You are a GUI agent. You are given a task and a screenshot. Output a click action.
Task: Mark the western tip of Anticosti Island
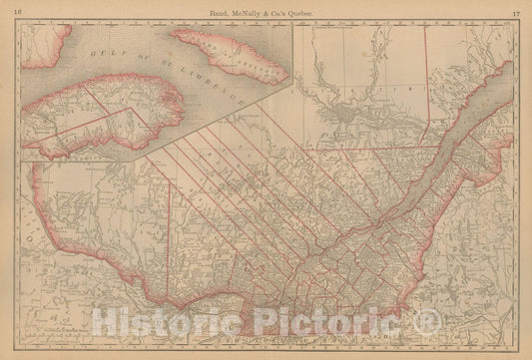pyautogui.click(x=176, y=37)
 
